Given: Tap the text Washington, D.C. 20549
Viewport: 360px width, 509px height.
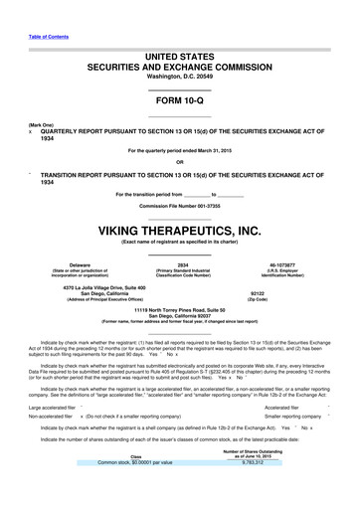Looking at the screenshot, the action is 179,77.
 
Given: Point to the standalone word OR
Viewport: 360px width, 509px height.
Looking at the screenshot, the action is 179,163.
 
